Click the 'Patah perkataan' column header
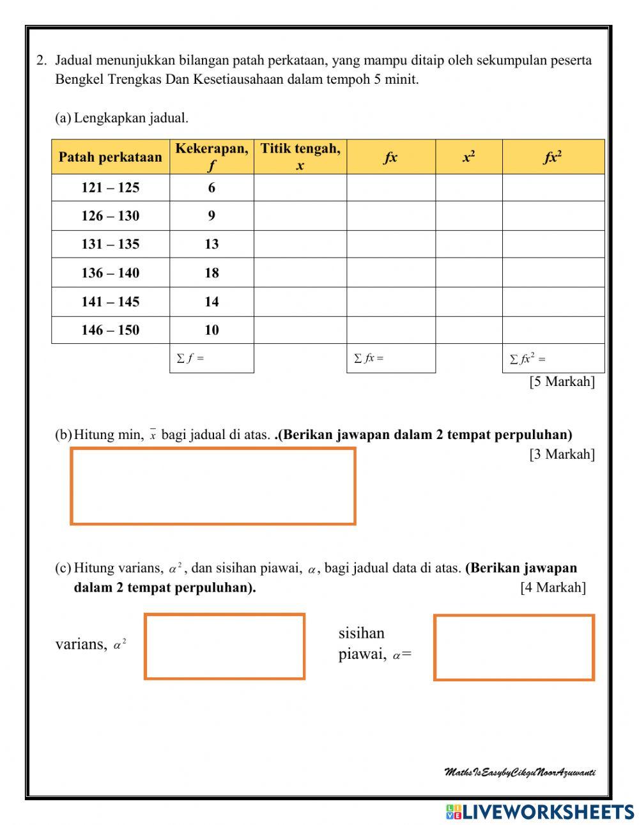click(x=111, y=157)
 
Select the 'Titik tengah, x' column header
click(x=300, y=157)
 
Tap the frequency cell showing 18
click(x=212, y=273)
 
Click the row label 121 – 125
click(x=111, y=188)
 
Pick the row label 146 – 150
click(x=111, y=330)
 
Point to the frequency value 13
click(x=212, y=244)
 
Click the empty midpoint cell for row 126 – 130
click(x=300, y=216)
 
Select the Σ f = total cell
click(x=212, y=359)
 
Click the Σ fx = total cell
click(x=391, y=359)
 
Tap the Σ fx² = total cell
click(x=553, y=359)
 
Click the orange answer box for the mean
click(x=213, y=486)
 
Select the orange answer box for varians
click(x=224, y=646)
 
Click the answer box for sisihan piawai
click(x=514, y=647)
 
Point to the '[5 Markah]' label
click(x=562, y=382)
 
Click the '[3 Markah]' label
click(x=562, y=454)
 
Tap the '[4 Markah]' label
click(x=553, y=587)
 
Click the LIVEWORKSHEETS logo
click(x=540, y=812)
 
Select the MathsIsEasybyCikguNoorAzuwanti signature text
click(x=520, y=773)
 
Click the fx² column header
click(x=553, y=157)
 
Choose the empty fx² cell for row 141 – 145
click(x=553, y=302)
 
